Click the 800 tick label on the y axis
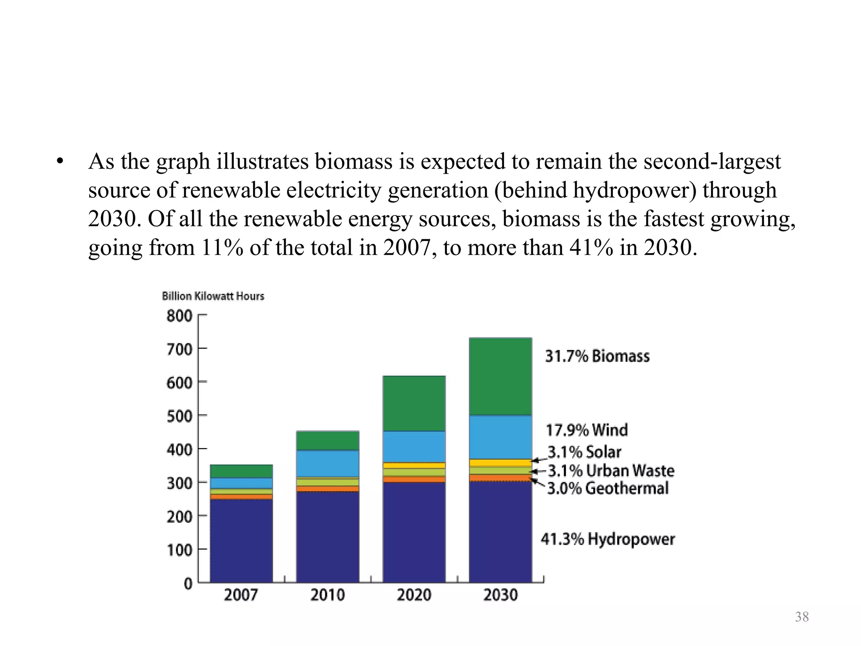click(x=179, y=316)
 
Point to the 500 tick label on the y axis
click(x=179, y=416)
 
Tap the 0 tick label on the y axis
click(x=188, y=584)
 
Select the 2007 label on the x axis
click(x=240, y=595)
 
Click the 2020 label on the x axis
click(x=414, y=595)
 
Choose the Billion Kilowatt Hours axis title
click(x=213, y=296)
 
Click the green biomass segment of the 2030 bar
click(x=500, y=376)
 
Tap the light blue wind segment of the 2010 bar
click(x=327, y=463)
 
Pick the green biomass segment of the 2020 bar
click(x=414, y=403)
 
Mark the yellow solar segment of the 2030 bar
click(x=500, y=463)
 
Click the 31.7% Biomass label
click(x=597, y=356)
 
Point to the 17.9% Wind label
click(x=587, y=430)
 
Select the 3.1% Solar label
click(x=584, y=452)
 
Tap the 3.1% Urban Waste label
click(x=611, y=470)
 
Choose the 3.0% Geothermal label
click(x=607, y=488)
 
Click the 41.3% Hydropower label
click(x=607, y=539)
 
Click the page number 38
click(x=802, y=617)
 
